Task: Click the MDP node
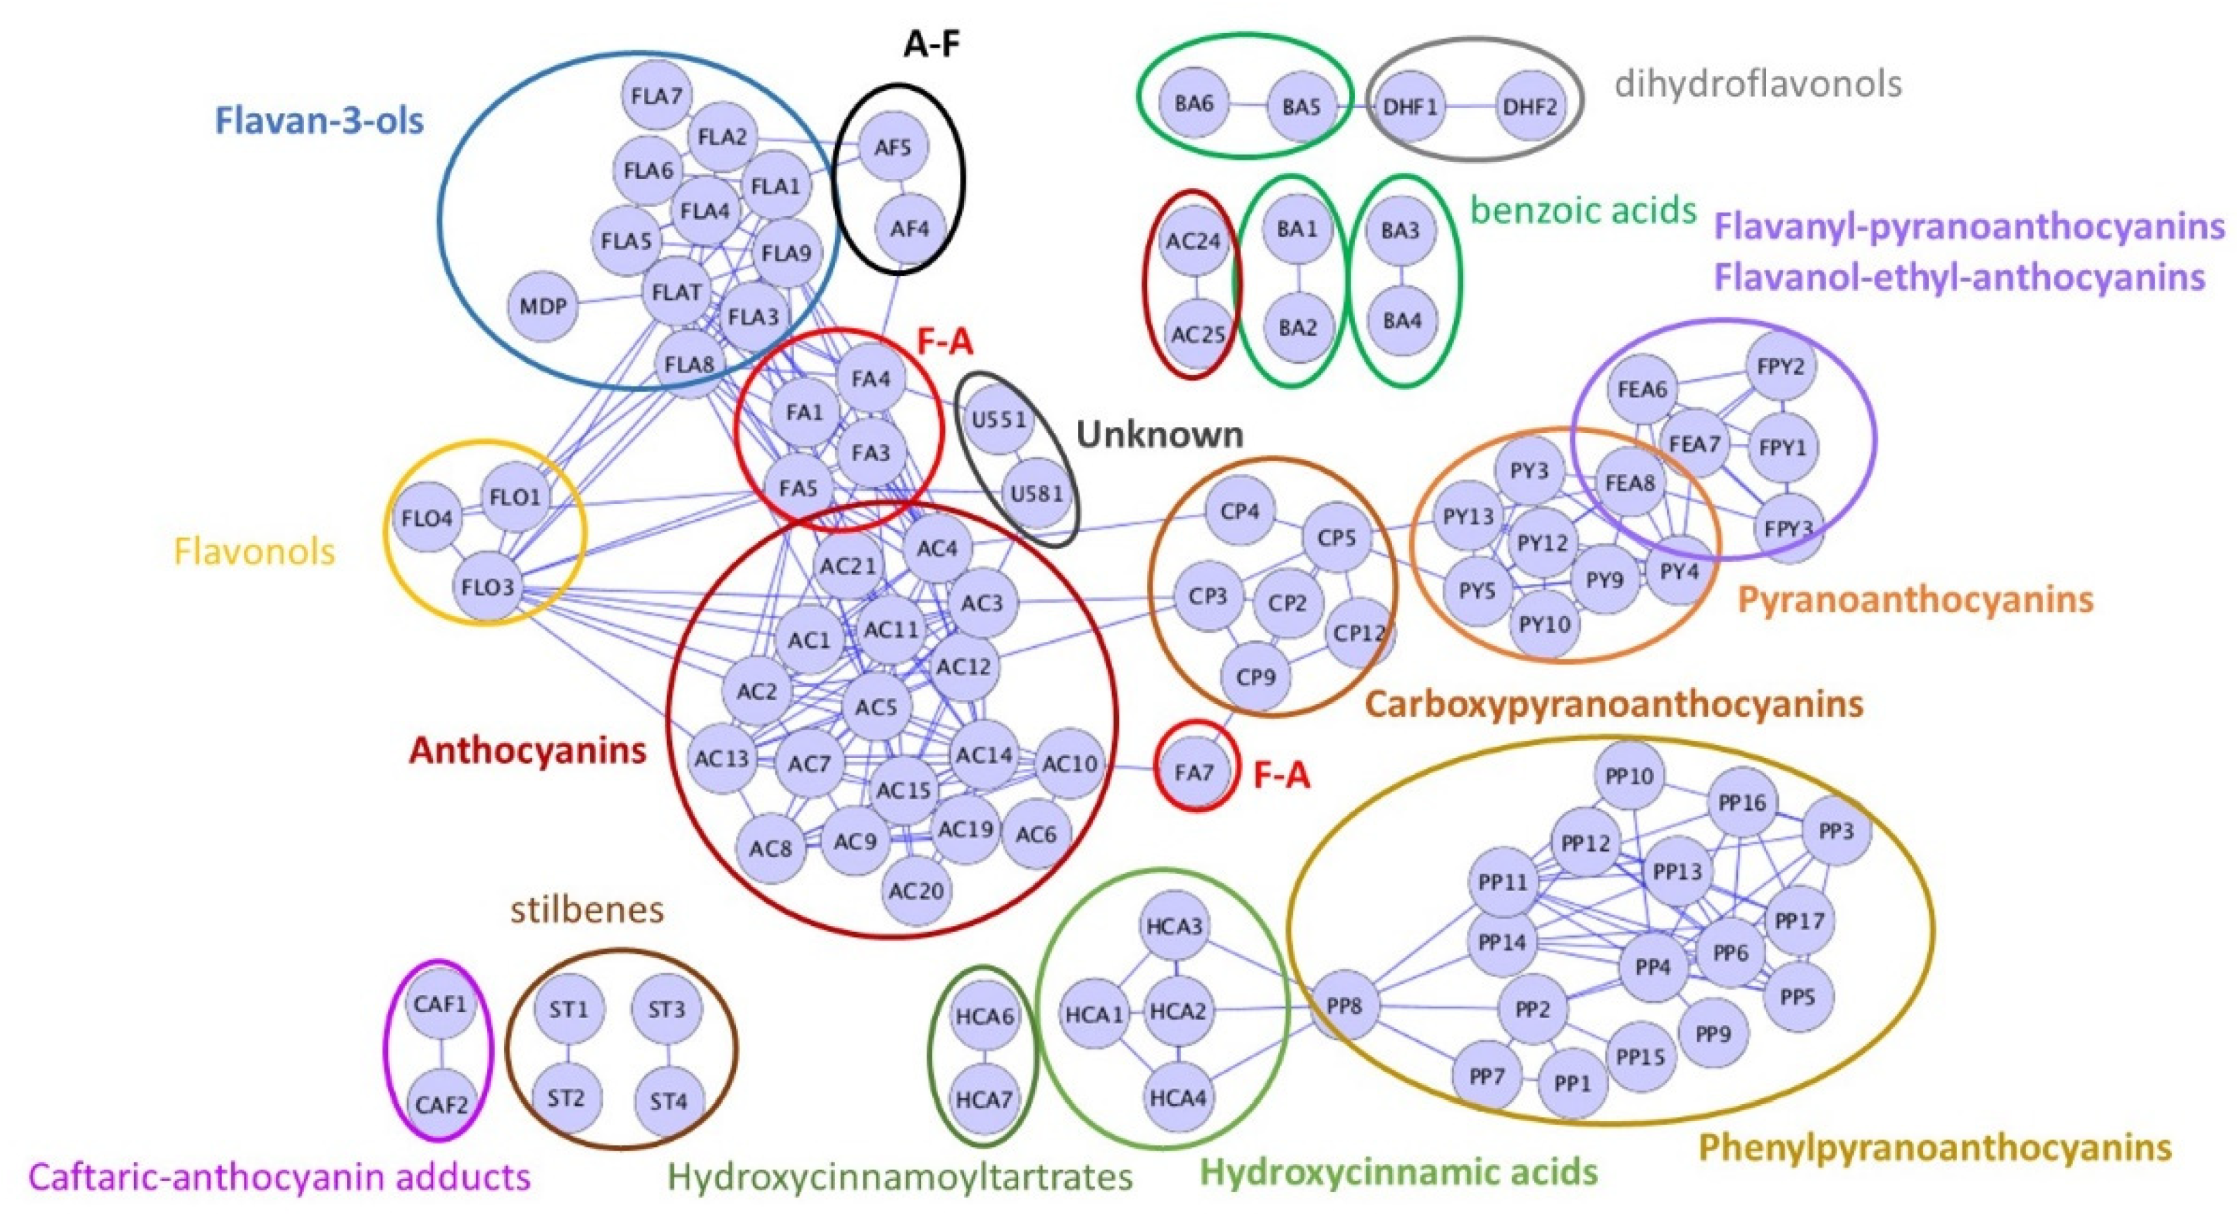click(543, 306)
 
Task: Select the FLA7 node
click(656, 96)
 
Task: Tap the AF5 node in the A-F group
click(893, 148)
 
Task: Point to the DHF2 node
click(1529, 107)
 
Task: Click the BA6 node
click(1193, 104)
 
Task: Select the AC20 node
click(916, 890)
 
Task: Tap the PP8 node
click(1343, 1006)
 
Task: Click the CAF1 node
click(440, 1004)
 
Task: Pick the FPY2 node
click(1780, 366)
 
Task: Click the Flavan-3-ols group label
click(320, 120)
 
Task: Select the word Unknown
click(1159, 434)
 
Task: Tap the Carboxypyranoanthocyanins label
click(1614, 704)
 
